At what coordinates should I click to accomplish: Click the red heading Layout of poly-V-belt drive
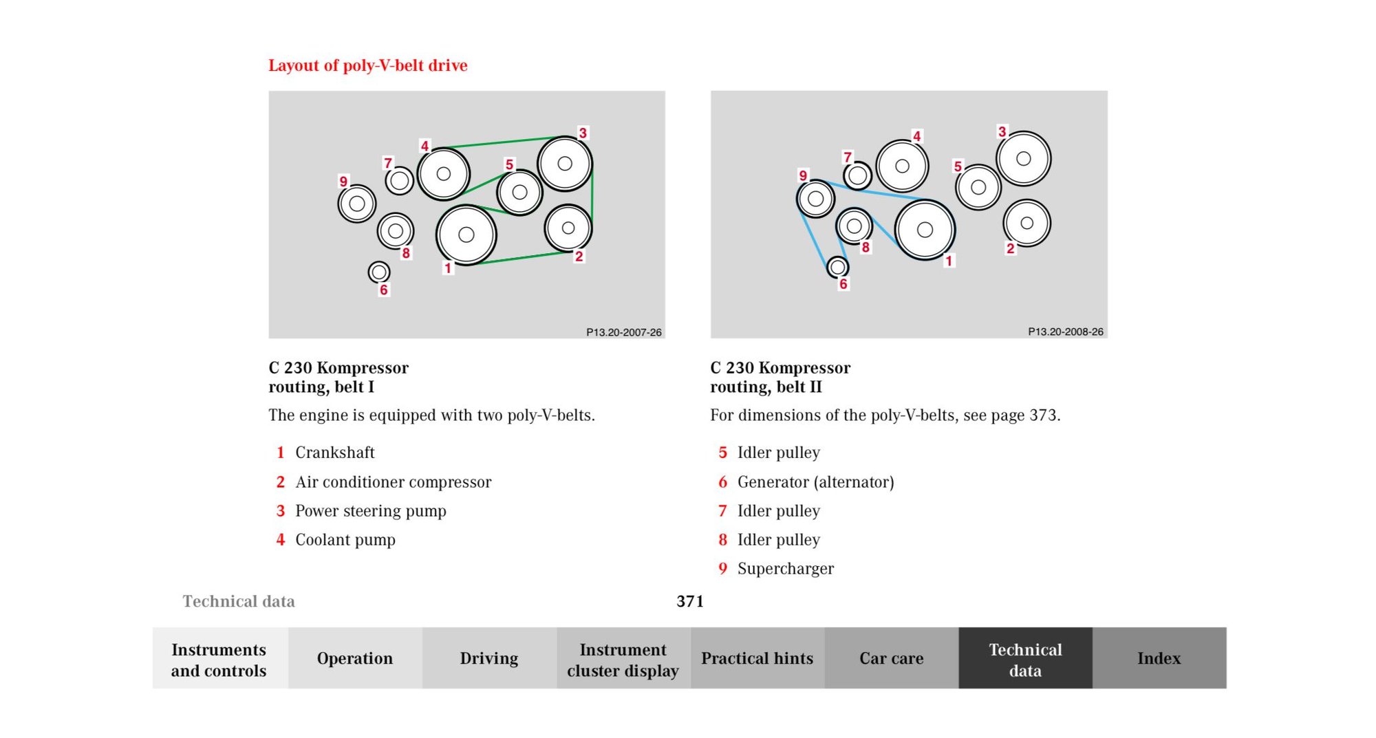point(367,65)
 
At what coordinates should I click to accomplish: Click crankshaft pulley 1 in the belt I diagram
point(466,235)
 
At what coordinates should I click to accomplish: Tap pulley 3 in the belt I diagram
point(565,164)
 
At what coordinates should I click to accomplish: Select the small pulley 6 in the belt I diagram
point(379,272)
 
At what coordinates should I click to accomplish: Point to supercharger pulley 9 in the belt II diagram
point(815,199)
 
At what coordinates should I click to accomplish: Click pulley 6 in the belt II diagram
point(837,267)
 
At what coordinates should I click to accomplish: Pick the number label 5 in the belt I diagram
point(509,164)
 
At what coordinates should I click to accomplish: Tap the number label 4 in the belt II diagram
point(916,136)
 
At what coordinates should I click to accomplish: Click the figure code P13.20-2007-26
point(624,332)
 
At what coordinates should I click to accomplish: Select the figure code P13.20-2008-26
point(1066,332)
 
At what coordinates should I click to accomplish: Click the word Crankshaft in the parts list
point(335,453)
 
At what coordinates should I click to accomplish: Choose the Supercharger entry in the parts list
point(786,569)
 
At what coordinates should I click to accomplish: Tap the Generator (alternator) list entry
point(816,482)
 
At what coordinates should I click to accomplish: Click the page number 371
point(690,601)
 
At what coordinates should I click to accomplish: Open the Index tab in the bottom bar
point(1159,658)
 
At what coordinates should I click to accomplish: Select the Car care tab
point(892,658)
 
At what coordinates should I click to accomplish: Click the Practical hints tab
point(757,658)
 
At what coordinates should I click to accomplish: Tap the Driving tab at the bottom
point(489,658)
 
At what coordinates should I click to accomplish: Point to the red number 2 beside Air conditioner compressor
point(280,482)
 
